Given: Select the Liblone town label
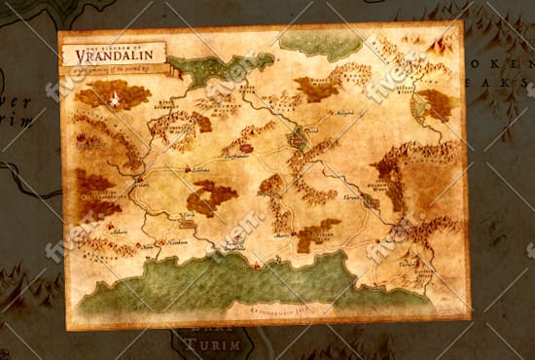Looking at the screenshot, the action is pyautogui.click(x=202, y=170).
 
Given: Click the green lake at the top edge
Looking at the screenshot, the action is pyautogui.click(x=320, y=41).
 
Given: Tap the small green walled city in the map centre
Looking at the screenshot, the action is pyautogui.click(x=297, y=144).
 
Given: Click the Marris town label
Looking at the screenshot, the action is pyautogui.click(x=281, y=234).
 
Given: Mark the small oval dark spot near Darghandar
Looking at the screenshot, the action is pyautogui.click(x=247, y=149).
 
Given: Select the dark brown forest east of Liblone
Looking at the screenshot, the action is pyautogui.click(x=213, y=198).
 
